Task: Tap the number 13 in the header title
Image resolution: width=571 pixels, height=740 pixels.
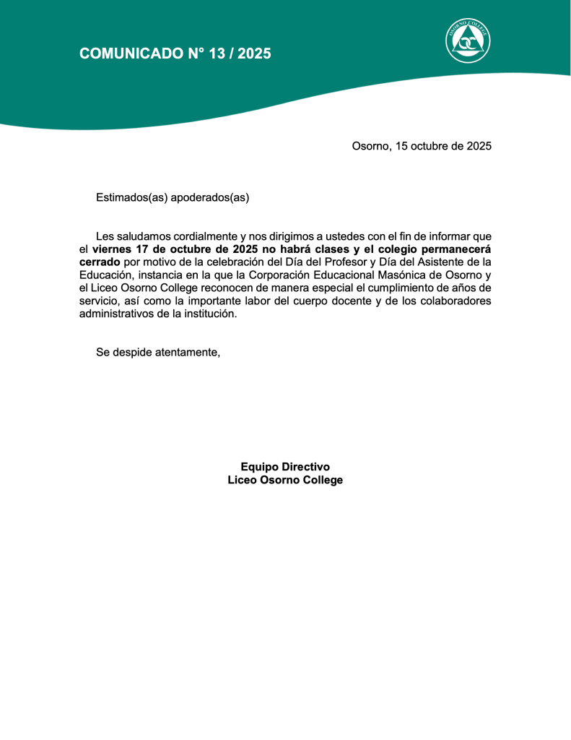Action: [x=216, y=53]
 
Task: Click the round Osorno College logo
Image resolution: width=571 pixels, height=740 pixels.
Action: [x=468, y=40]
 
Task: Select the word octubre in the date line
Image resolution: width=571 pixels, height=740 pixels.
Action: [x=430, y=146]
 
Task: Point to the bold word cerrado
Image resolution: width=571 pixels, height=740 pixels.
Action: [x=100, y=262]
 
